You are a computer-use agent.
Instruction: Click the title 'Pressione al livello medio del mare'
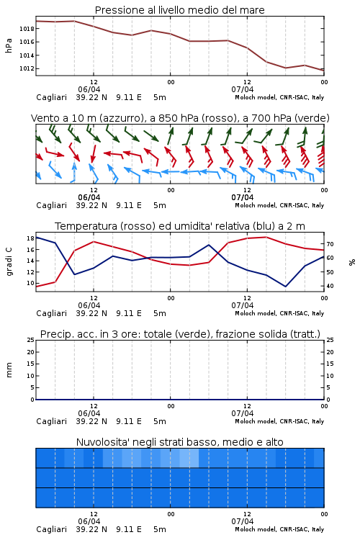[x=179, y=10]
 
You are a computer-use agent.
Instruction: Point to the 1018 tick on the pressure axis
[x=27, y=29]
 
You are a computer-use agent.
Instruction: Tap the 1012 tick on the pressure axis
[x=27, y=68]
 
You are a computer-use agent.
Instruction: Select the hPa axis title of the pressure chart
[x=9, y=45]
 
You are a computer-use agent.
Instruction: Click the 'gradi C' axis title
[x=9, y=261]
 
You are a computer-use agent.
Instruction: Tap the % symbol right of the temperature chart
[x=352, y=262]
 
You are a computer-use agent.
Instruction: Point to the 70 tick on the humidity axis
[x=330, y=244]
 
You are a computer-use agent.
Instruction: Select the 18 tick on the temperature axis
[x=30, y=238]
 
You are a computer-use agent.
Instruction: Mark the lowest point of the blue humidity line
[x=285, y=287]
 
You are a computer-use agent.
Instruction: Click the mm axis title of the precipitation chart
[x=9, y=370]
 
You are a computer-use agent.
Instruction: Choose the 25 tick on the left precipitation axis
[x=30, y=340]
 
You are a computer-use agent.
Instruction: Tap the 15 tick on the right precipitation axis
[x=330, y=364]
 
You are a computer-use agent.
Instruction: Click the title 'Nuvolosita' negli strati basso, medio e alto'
[x=179, y=442]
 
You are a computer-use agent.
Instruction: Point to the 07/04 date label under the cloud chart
[x=243, y=521]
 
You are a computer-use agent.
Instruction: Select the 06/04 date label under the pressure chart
[x=89, y=89]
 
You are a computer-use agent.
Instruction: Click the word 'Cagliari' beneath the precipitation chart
[x=51, y=421]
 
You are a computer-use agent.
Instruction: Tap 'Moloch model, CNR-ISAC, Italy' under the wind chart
[x=279, y=205]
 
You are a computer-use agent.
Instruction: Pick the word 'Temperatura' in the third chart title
[x=86, y=226]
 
